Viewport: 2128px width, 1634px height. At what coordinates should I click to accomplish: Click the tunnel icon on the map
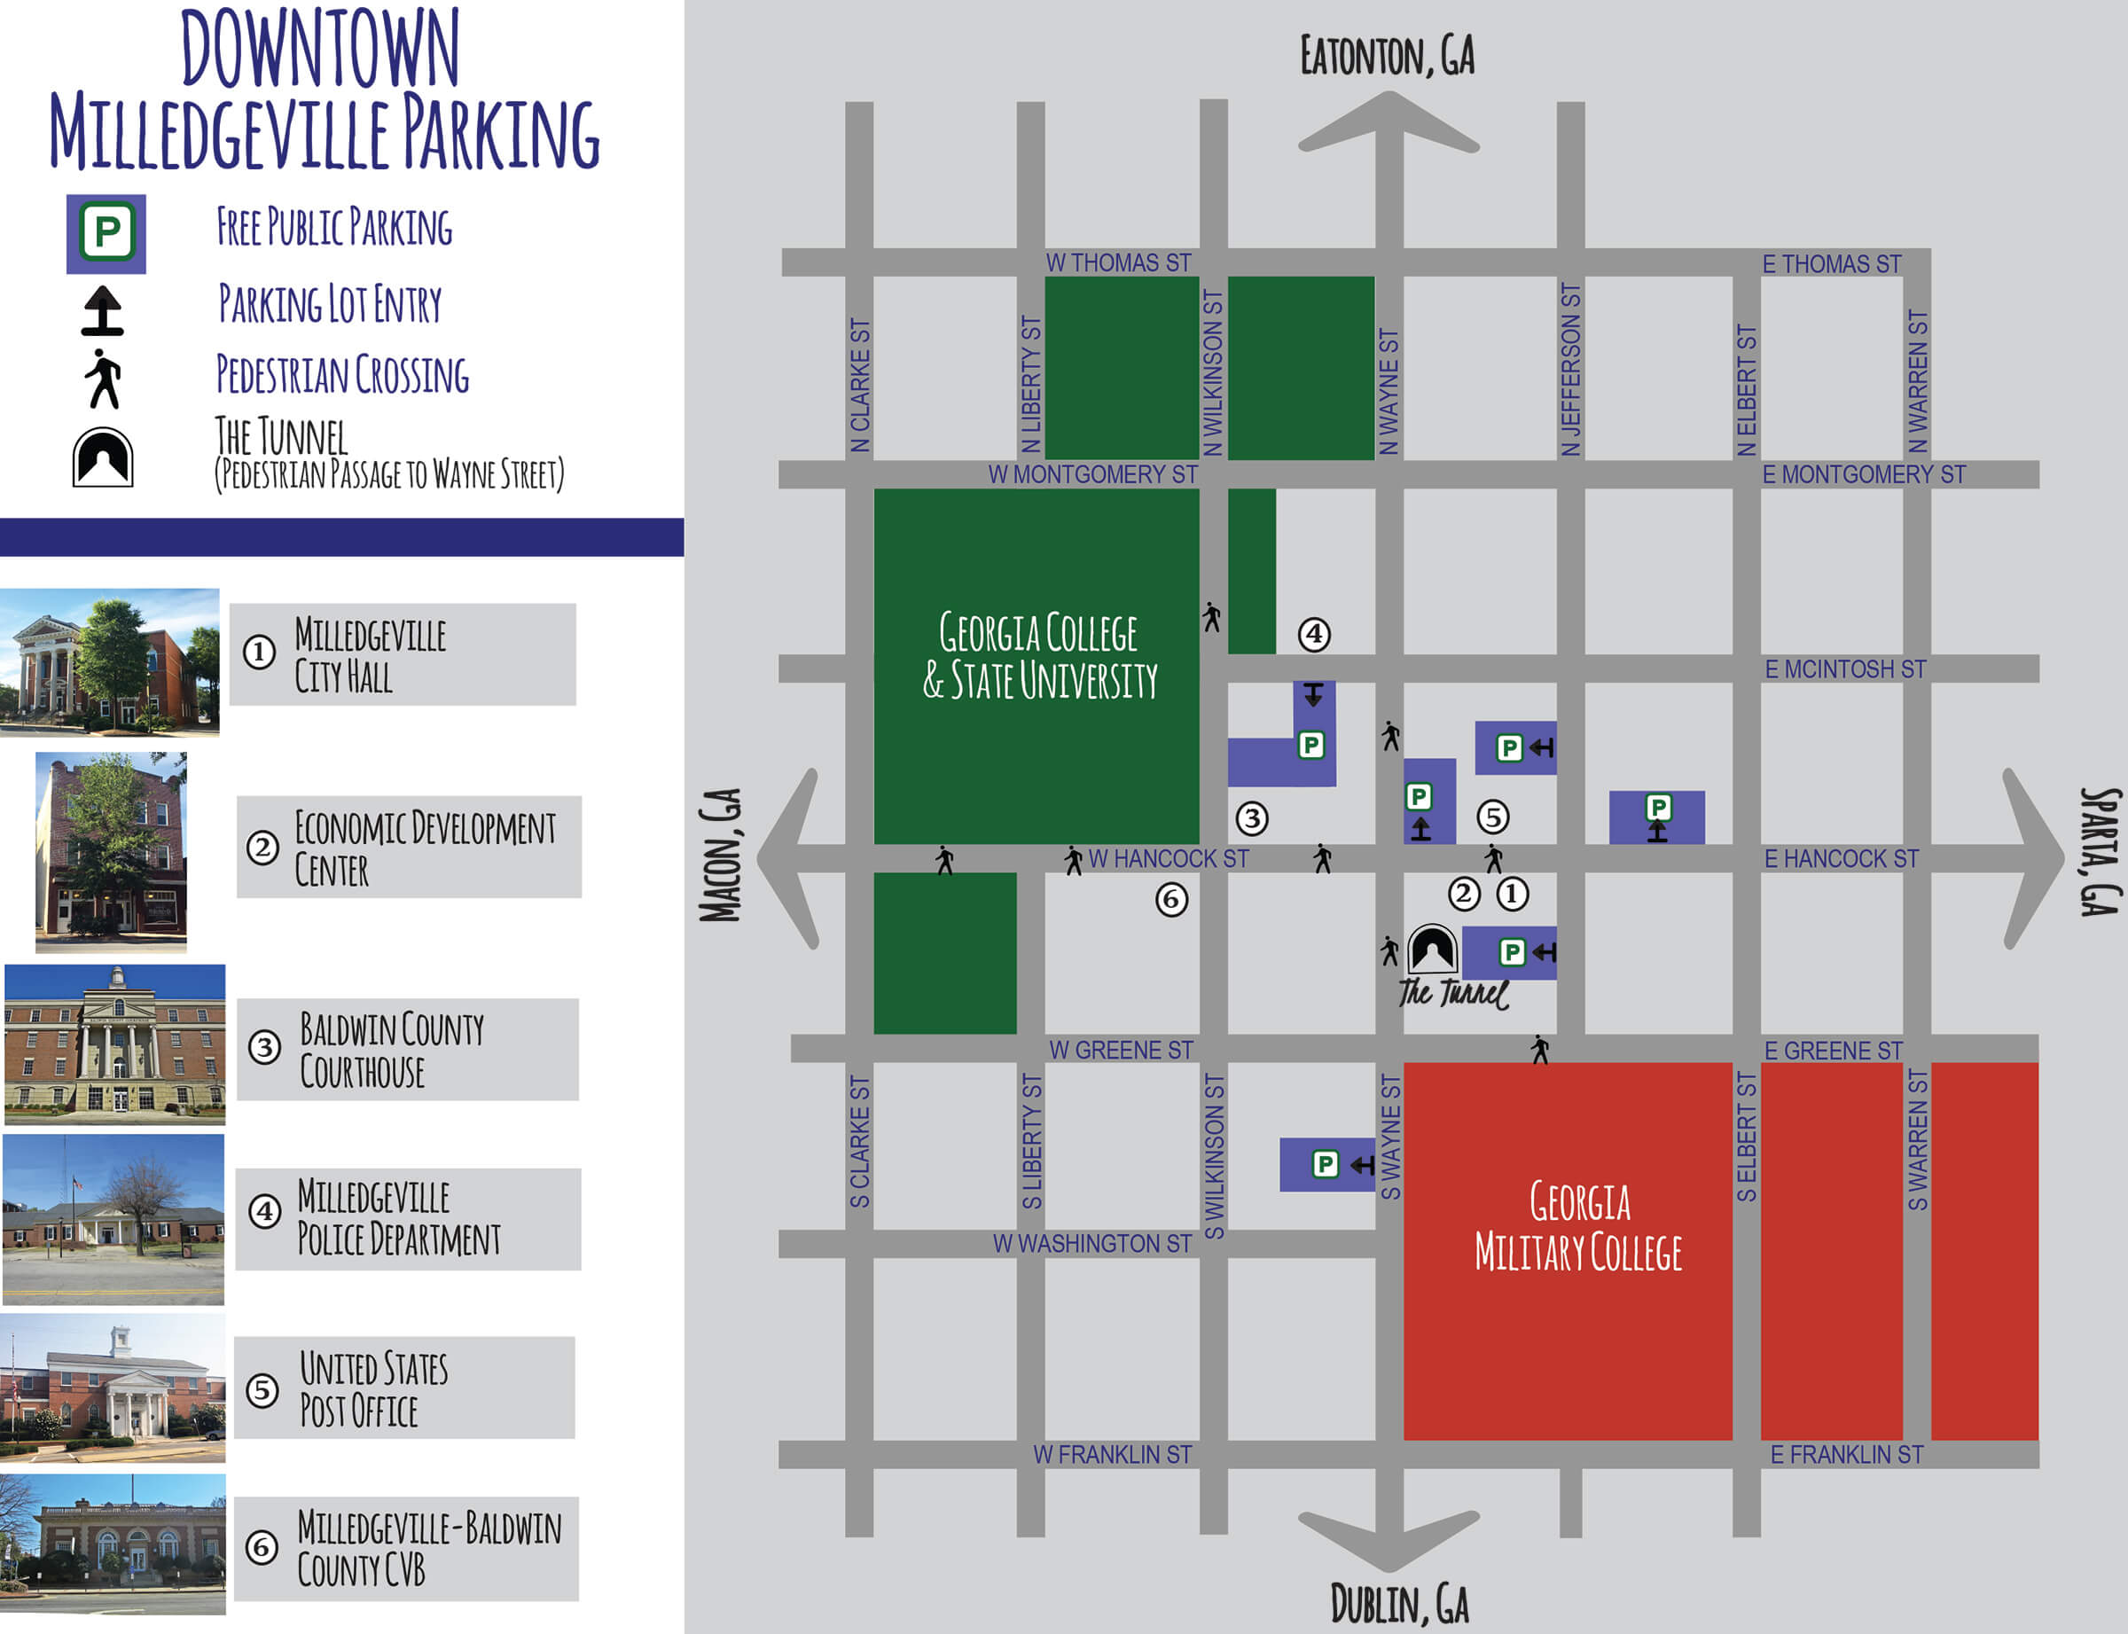[1433, 950]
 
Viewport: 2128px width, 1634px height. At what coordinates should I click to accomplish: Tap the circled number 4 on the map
[1314, 634]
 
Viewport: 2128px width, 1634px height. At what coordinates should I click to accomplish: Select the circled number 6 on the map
[1171, 900]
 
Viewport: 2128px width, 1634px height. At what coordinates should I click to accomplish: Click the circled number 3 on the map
[1252, 819]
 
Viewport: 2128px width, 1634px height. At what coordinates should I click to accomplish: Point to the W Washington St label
[1091, 1243]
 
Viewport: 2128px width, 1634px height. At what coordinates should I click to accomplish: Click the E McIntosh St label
[1845, 669]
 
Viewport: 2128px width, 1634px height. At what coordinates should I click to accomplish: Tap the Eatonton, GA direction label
[1387, 56]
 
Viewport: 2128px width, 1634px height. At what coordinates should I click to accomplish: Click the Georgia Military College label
[1578, 1227]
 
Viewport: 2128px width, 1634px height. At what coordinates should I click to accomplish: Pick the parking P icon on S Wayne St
[1325, 1164]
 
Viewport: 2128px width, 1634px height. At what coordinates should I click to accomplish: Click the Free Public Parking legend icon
[106, 233]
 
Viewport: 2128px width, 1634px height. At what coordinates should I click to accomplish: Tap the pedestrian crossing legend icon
[103, 379]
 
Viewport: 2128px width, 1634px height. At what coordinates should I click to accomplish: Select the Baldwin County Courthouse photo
[114, 1044]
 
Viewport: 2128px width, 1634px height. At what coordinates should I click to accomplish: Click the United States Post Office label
[373, 1389]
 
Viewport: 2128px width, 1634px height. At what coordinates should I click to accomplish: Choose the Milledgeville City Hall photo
[109, 661]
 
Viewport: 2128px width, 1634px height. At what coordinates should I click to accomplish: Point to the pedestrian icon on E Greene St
[1539, 1050]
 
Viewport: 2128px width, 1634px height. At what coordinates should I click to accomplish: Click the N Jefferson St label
[1570, 370]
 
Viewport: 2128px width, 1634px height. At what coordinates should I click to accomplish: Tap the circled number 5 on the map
[1493, 817]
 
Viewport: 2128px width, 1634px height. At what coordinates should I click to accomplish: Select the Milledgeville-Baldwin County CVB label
[428, 1548]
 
